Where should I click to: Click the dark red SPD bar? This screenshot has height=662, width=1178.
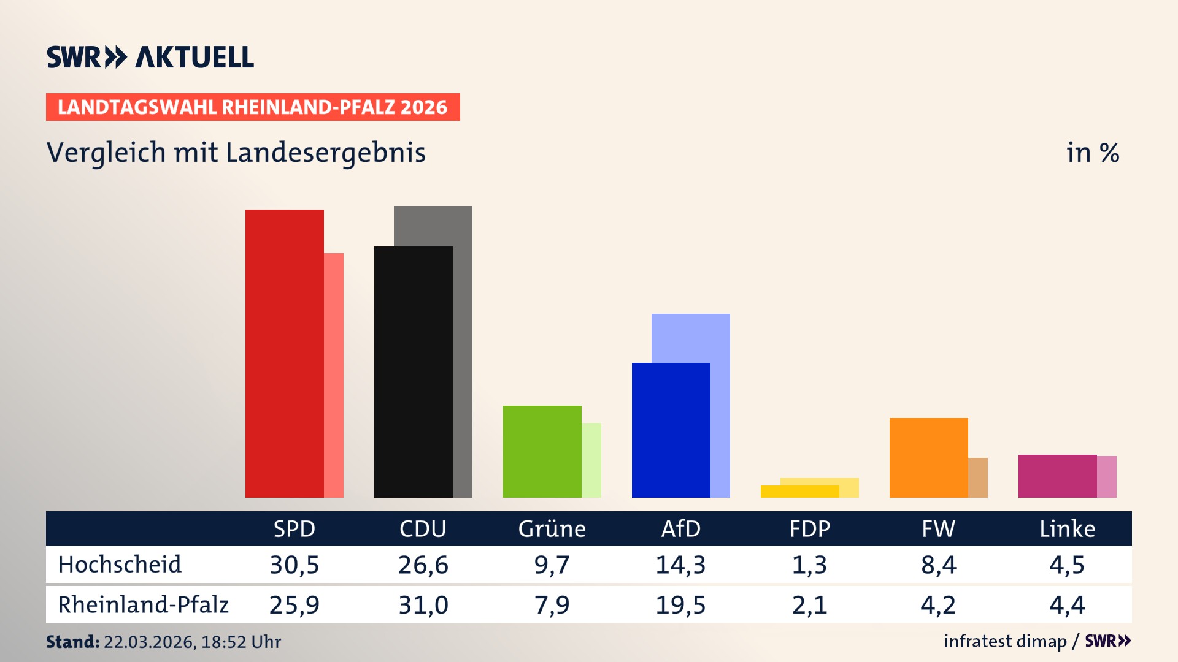pyautogui.click(x=285, y=354)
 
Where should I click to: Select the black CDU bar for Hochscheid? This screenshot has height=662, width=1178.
pyautogui.click(x=413, y=372)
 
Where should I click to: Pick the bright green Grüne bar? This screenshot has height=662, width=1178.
pyautogui.click(x=542, y=452)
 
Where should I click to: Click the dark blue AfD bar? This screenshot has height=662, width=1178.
pyautogui.click(x=671, y=430)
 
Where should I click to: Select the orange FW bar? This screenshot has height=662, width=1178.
pyautogui.click(x=928, y=458)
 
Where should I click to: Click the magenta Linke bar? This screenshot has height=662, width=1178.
pyautogui.click(x=1057, y=476)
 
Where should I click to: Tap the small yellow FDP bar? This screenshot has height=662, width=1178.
pyautogui.click(x=799, y=492)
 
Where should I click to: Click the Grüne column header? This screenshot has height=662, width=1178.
pyautogui.click(x=552, y=529)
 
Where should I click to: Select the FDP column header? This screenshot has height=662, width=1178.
pyautogui.click(x=809, y=529)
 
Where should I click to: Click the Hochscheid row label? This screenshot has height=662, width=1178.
pyautogui.click(x=120, y=565)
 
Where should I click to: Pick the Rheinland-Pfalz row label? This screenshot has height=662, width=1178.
pyautogui.click(x=143, y=605)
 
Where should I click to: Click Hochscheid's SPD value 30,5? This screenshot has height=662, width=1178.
pyautogui.click(x=294, y=565)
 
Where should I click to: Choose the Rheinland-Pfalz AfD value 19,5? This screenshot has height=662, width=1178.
pyautogui.click(x=680, y=605)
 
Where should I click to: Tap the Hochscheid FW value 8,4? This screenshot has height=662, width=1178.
pyautogui.click(x=938, y=565)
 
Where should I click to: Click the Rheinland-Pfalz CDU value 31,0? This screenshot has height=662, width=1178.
pyautogui.click(x=423, y=605)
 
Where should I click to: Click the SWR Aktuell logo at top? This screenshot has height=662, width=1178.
pyautogui.click(x=150, y=57)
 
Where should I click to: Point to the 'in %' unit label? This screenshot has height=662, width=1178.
pyautogui.click(x=1092, y=153)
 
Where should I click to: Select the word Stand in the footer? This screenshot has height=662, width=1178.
pyautogui.click(x=72, y=642)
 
